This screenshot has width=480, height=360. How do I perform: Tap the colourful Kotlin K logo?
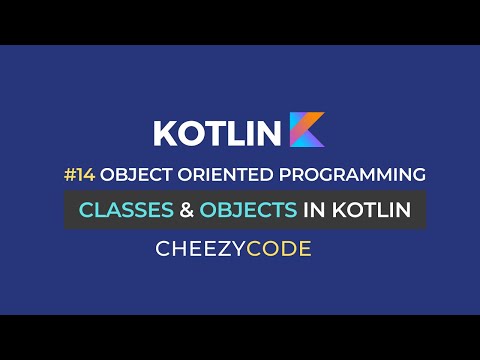pyautogui.click(x=307, y=130)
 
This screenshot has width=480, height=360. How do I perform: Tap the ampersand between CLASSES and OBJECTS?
pyautogui.click(x=185, y=210)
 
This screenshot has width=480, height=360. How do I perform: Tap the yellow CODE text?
pyautogui.click(x=287, y=249)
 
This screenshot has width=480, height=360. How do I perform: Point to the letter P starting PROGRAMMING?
pyautogui.click(x=269, y=174)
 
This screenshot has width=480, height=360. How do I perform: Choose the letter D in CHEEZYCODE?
pyautogui.click(x=294, y=249)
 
